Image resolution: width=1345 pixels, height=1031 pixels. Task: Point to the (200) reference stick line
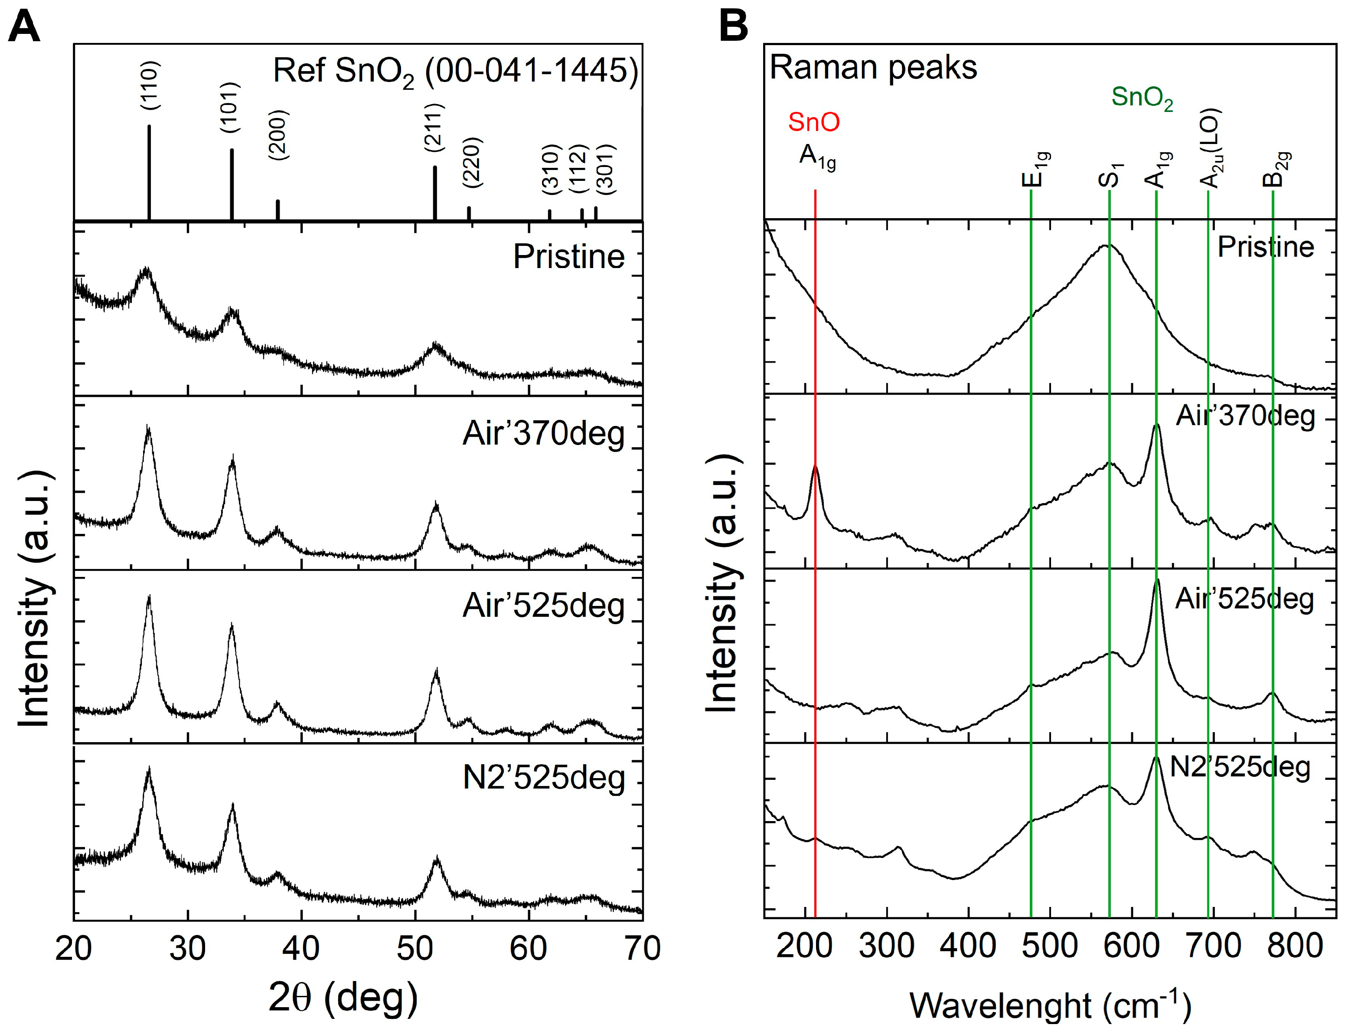(x=278, y=210)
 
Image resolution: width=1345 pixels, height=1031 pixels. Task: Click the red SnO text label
(x=814, y=122)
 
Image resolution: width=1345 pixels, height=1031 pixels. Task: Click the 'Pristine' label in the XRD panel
(x=568, y=256)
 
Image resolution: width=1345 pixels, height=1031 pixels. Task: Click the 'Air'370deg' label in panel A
(x=543, y=434)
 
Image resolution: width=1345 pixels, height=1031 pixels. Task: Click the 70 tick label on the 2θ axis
(x=642, y=948)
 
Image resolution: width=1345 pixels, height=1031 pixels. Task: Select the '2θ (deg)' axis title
(x=343, y=998)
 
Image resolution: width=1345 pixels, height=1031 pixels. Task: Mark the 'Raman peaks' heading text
(x=873, y=68)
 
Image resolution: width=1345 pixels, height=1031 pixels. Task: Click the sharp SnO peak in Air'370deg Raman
(x=815, y=468)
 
